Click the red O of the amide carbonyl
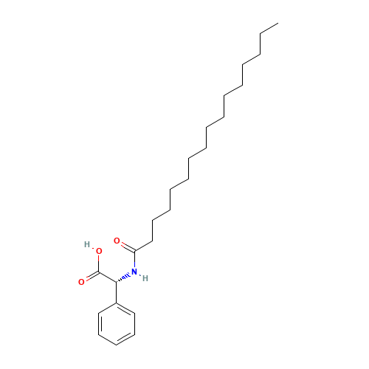pos(117,241)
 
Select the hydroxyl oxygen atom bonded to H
pos(98,251)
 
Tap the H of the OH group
pos(87,244)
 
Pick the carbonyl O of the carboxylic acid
pos(81,281)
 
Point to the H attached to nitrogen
pos(145,277)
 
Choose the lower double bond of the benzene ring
pos(125,337)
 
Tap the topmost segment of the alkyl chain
pos(268,28)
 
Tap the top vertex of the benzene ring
pos(117,303)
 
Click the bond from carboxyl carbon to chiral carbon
pos(108,277)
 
